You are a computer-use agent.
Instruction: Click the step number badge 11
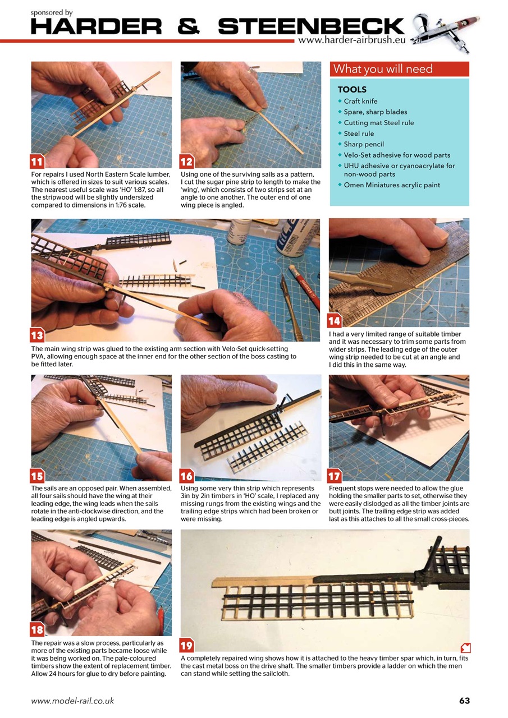38,162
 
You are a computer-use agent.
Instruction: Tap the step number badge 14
335,321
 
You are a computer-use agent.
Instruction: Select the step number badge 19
187,645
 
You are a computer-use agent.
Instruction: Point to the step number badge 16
187,476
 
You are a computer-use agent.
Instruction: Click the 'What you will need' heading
383,69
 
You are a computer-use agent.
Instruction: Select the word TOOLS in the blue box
352,90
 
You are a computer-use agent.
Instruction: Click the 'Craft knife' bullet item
360,102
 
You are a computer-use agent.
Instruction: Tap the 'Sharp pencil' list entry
364,144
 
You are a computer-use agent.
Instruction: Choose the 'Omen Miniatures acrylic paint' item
392,185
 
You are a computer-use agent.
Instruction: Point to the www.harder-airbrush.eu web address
351,40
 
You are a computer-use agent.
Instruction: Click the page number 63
464,701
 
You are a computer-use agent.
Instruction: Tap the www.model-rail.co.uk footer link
72,701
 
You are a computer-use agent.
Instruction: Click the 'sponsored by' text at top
52,12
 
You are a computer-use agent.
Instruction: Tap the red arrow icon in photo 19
464,647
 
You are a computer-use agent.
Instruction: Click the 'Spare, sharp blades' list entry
375,112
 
